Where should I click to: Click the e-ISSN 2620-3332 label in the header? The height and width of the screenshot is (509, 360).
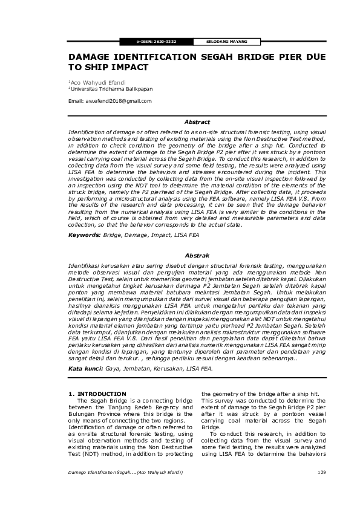(x=156, y=42)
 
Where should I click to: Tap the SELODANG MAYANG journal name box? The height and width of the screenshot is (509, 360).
(x=215, y=42)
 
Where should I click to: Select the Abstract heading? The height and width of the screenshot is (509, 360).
(x=197, y=122)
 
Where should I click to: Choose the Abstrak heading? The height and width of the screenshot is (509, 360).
(x=197, y=256)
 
